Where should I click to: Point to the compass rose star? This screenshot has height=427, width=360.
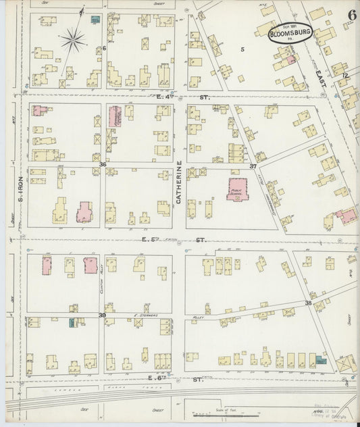72,41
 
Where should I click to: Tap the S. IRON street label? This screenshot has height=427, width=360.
21,189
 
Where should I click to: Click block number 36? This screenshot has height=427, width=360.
103,164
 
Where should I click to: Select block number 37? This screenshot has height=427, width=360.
253,166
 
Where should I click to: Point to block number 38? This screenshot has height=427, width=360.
307,303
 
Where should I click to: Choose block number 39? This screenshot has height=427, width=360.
103,315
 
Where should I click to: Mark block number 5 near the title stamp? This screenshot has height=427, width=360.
241,49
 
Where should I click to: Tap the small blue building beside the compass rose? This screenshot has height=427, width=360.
95,19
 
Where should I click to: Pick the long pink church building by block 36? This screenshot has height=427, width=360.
113,117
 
